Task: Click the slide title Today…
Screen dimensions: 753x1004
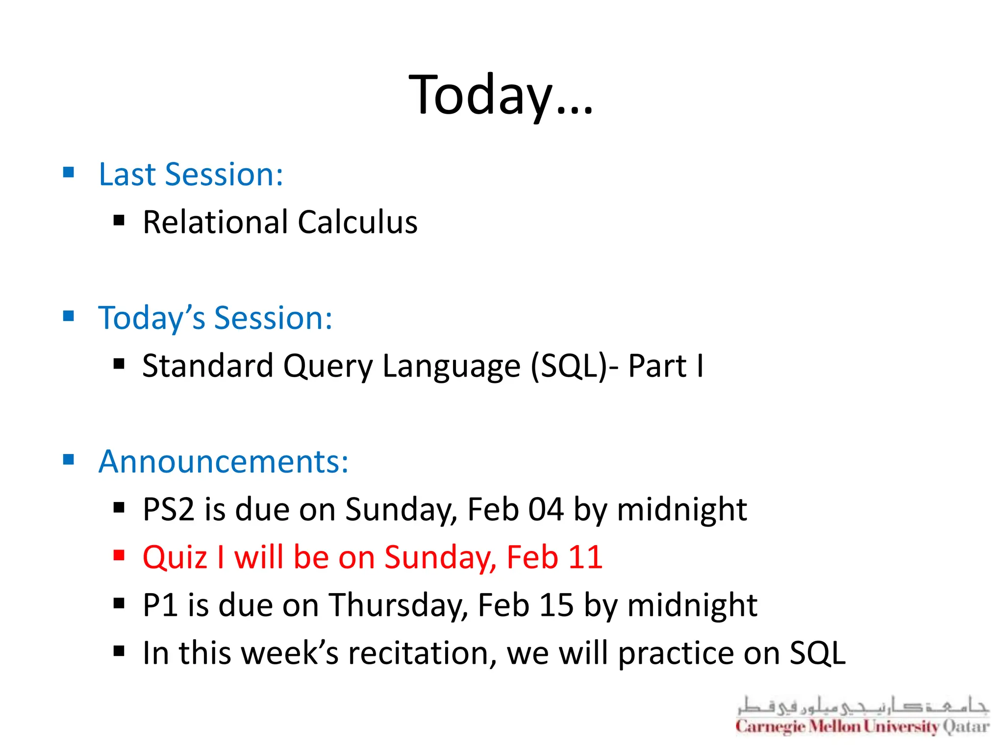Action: tap(501, 95)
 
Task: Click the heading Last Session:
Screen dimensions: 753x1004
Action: tap(191, 175)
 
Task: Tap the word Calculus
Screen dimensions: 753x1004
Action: tap(357, 222)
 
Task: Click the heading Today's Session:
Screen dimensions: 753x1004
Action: tap(215, 318)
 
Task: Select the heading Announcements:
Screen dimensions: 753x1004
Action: tap(224, 462)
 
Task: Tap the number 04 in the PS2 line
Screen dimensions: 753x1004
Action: tap(545, 509)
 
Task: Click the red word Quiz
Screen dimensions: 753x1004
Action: tap(175, 557)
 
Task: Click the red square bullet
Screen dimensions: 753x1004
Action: tap(119, 555)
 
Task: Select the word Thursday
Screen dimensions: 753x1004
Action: tap(397, 605)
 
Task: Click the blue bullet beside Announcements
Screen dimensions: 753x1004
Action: tap(69, 460)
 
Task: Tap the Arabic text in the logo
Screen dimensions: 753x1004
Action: tap(862, 706)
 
